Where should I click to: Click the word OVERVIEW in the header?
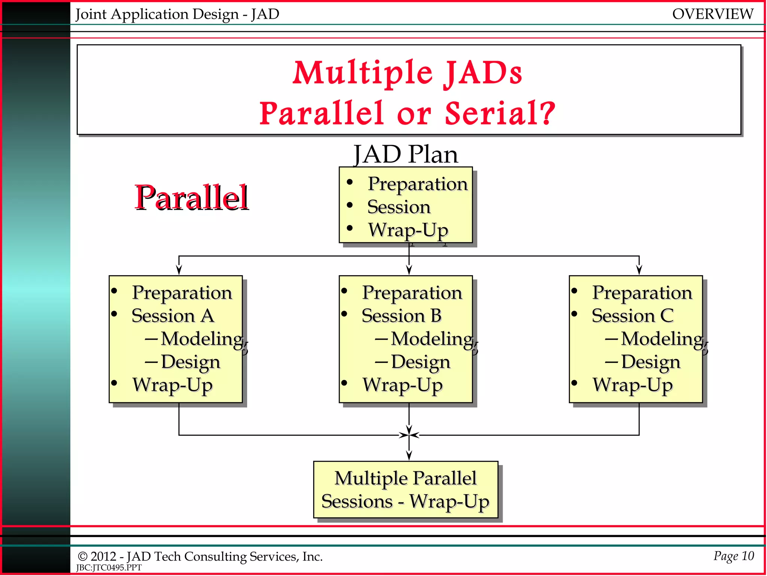(x=712, y=14)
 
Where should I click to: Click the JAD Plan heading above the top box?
(x=406, y=154)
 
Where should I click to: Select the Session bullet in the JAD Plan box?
(x=398, y=207)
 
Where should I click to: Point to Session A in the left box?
(x=173, y=316)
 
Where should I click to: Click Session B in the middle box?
(x=401, y=316)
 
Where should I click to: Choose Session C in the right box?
(x=633, y=316)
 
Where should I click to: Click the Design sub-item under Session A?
(x=190, y=362)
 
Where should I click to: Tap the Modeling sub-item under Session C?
(x=662, y=339)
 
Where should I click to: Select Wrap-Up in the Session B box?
(x=403, y=385)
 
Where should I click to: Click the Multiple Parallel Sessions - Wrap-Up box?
(x=406, y=490)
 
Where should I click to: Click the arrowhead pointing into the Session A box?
(x=179, y=270)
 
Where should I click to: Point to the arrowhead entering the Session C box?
(x=639, y=270)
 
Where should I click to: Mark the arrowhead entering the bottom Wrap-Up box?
(x=409, y=456)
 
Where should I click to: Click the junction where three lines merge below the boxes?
(x=409, y=435)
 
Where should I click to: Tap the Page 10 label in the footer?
(x=733, y=556)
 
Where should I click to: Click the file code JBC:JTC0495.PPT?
(x=109, y=568)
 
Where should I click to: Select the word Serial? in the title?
(x=500, y=113)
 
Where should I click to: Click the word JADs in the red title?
(x=483, y=73)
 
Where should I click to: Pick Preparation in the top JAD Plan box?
(x=417, y=184)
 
